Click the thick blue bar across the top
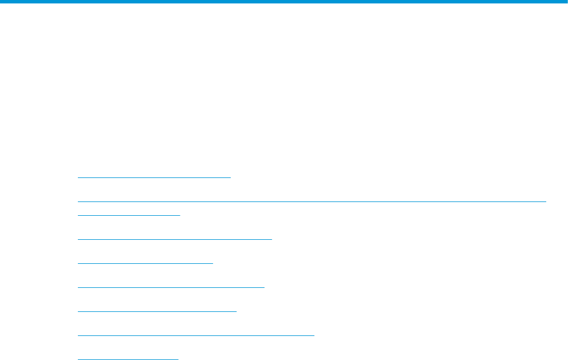[x=284, y=2]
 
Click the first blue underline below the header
[x=153, y=177]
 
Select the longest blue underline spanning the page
[x=311, y=201]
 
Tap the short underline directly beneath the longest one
[x=128, y=215]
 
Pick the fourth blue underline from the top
[x=174, y=238]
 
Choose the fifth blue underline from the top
[x=145, y=263]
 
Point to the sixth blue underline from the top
[x=171, y=287]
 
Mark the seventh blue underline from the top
[x=156, y=311]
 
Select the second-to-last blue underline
[x=196, y=335]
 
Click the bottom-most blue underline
[x=128, y=359]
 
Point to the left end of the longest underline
[x=78, y=201]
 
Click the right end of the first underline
[x=229, y=177]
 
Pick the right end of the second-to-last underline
[x=314, y=335]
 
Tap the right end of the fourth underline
[x=271, y=238]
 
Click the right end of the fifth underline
[x=212, y=263]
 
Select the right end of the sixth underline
[x=263, y=287]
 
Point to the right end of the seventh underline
[x=235, y=311]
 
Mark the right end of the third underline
[x=179, y=215]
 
